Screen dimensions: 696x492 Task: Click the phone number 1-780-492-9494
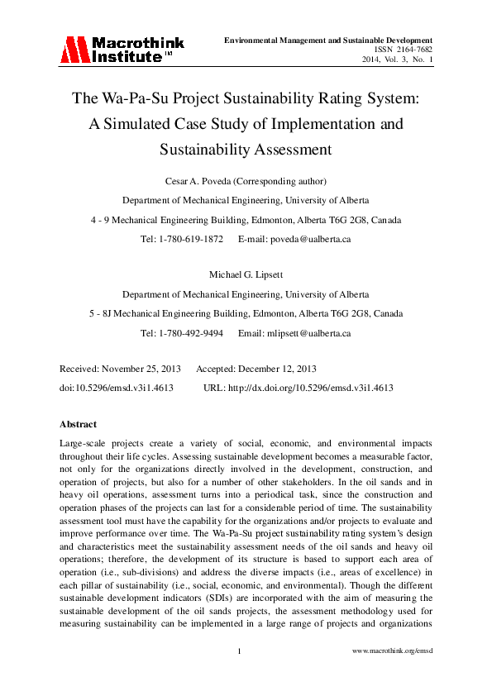coord(191,333)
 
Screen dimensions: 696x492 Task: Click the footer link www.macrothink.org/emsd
coord(392,651)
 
